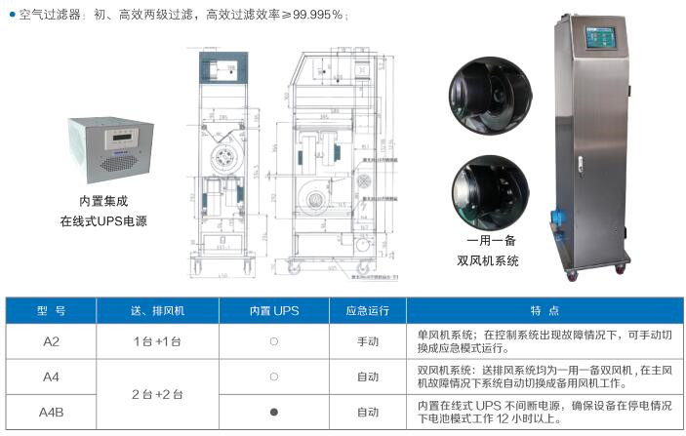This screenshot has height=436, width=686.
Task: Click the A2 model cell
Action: [51, 341]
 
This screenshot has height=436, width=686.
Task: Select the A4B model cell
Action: [51, 412]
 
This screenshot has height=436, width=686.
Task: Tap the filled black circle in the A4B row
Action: [273, 412]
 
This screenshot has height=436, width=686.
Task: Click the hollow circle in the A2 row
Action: [273, 341]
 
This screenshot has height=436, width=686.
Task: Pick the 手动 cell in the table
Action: [368, 341]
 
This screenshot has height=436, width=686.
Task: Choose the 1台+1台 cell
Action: [157, 341]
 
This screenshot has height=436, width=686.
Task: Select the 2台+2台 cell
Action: [157, 394]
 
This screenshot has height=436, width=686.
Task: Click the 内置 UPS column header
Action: [273, 311]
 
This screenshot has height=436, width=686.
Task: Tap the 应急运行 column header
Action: [368, 311]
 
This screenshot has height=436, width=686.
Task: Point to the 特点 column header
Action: [545, 311]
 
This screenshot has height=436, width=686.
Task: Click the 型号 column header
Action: [51, 311]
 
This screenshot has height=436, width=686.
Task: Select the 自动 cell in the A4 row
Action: [368, 377]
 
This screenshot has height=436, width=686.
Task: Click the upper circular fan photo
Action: [490, 93]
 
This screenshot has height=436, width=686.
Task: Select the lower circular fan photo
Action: [490, 190]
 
